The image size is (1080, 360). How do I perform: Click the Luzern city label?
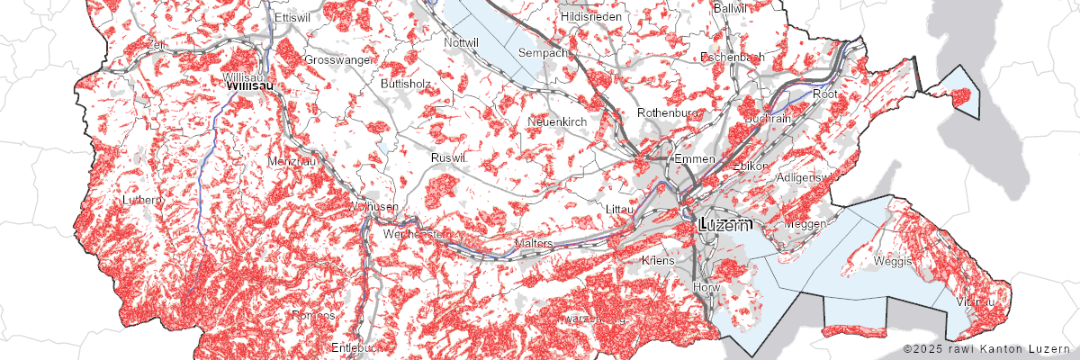[x=718, y=226]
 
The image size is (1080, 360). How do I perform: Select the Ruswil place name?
[x=449, y=157]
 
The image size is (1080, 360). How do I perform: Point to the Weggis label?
[x=893, y=261]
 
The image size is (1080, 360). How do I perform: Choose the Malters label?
[x=533, y=244]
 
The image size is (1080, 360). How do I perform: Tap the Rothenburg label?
[x=668, y=112]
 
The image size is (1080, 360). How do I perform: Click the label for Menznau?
[x=289, y=160]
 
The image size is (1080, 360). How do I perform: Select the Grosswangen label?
[x=339, y=59]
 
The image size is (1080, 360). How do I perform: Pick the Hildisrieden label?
[x=589, y=17]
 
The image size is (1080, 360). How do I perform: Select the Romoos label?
[x=313, y=316]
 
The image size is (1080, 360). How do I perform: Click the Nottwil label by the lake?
[x=462, y=42]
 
